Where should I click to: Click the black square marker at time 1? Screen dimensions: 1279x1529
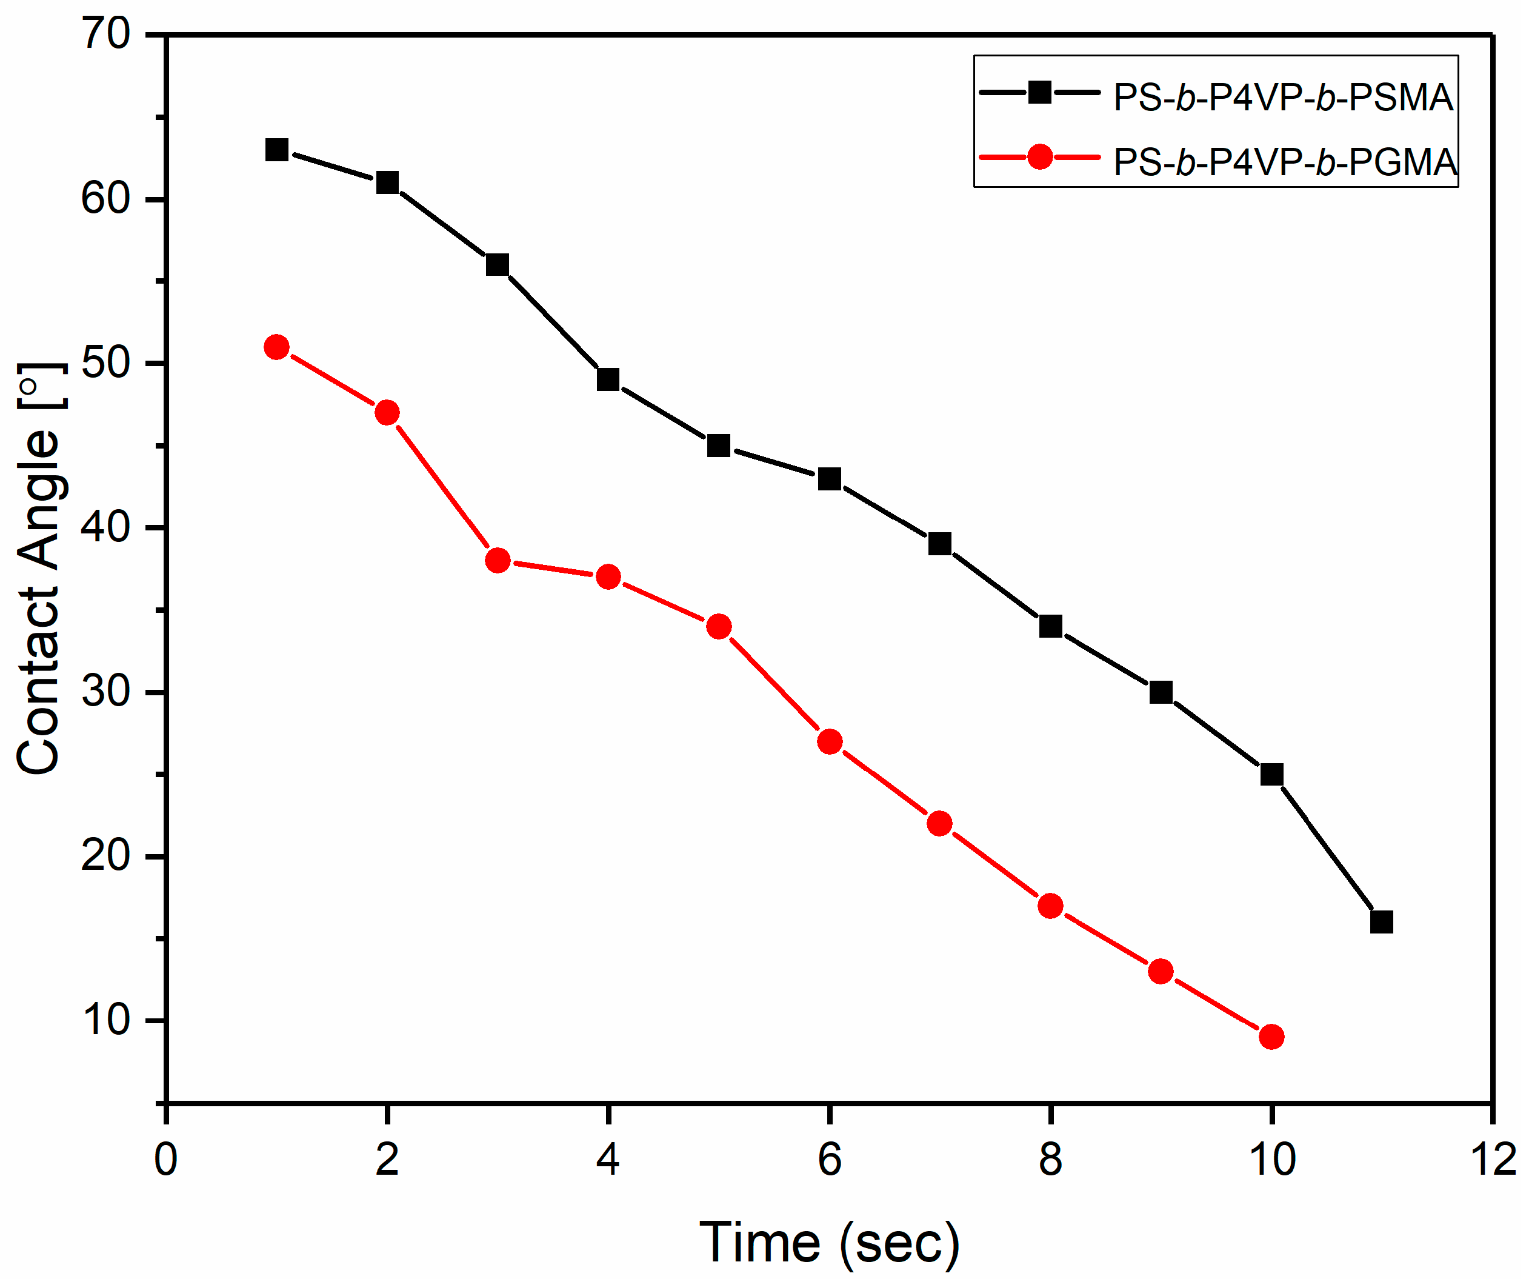[x=277, y=150]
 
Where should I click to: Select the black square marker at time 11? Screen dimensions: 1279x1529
[x=1381, y=922]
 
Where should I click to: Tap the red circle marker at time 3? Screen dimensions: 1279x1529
[x=498, y=561]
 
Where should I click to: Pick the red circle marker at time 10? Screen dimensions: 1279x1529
[x=1271, y=1037]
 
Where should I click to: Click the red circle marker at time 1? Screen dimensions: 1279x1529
[x=277, y=347]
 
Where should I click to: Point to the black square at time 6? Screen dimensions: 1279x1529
[x=829, y=478]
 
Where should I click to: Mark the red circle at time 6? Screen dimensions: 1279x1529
[x=829, y=741]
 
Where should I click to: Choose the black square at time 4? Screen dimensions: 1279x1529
[x=608, y=379]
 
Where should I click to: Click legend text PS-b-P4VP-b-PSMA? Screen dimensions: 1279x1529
[x=1283, y=98]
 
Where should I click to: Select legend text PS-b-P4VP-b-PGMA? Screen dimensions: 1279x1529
[x=1284, y=162]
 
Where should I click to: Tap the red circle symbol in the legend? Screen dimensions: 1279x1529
[x=1040, y=156]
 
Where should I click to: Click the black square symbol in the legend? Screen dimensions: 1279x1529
[x=1040, y=93]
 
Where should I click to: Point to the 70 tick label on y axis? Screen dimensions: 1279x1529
[x=106, y=33]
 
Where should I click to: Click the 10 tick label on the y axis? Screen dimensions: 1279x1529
[x=106, y=1020]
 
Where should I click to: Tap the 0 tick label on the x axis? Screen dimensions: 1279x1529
[x=166, y=1160]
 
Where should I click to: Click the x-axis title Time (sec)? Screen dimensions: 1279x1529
[x=829, y=1243]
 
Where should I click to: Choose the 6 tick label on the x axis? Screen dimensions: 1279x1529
[x=829, y=1160]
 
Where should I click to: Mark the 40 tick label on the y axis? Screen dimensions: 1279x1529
[x=106, y=527]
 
